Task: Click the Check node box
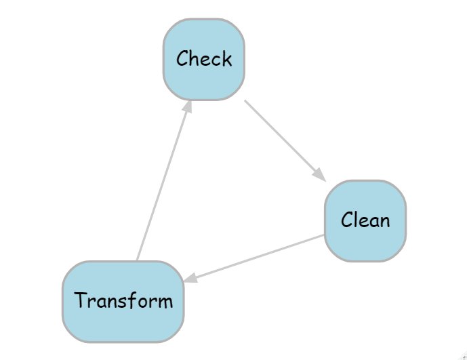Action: tap(204, 59)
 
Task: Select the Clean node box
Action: tap(365, 221)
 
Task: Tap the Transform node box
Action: tap(123, 302)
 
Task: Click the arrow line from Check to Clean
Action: tap(285, 140)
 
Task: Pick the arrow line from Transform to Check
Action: tap(164, 180)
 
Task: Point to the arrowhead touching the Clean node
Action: tap(320, 175)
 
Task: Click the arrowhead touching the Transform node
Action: tap(190, 278)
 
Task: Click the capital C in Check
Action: tap(183, 58)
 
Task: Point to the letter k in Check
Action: tap(226, 58)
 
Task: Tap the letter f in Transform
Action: tap(138, 300)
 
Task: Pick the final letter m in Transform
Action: tap(165, 302)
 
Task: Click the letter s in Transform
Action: tap(129, 302)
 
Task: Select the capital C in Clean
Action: tap(347, 220)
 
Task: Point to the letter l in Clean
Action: tap(357, 220)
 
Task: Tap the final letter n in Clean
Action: tap(385, 222)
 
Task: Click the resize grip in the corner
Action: tap(464, 357)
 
